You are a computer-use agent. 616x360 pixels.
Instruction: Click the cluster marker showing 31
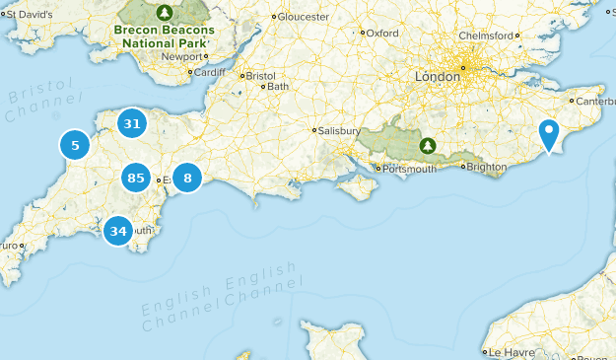pos(132,123)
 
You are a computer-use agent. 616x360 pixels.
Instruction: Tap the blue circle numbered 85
pos(136,179)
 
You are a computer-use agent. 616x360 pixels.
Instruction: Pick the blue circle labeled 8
pos(187,179)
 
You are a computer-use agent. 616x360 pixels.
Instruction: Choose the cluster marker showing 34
pos(118,232)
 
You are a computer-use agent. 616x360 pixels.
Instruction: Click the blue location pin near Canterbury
pos(550,135)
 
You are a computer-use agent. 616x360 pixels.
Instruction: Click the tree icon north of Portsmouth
pos(427,145)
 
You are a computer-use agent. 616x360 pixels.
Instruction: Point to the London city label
pos(438,76)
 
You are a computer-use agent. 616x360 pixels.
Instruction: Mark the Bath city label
pos(278,86)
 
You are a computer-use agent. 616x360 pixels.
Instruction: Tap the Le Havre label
pos(511,352)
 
